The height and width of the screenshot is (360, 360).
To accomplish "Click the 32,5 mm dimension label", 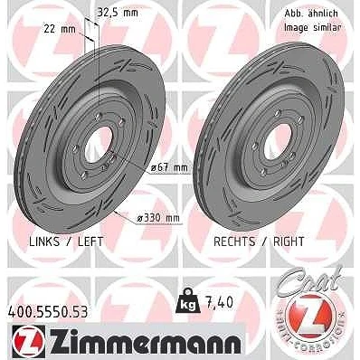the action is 118,13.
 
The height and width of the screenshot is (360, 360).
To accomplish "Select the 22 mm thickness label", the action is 60,29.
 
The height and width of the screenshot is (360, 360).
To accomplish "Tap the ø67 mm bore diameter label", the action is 169,168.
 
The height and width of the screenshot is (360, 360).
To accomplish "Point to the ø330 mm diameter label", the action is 157,218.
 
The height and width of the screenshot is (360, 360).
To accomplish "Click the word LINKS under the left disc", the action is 44,242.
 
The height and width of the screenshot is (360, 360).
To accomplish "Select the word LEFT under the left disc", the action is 90,242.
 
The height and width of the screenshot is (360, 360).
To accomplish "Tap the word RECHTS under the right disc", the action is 234,242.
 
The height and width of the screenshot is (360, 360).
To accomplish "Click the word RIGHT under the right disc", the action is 289,242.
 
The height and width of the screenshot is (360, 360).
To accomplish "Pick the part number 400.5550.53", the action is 48,312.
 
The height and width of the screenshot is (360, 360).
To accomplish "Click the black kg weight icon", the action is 187,301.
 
